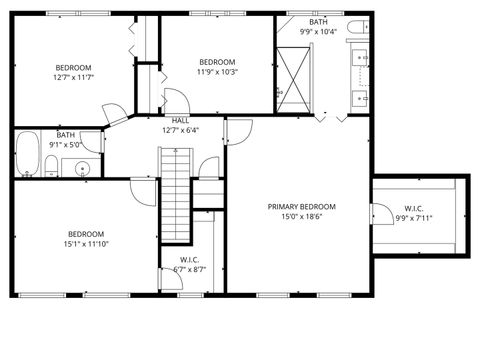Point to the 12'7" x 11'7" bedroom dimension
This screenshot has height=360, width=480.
click(73, 77)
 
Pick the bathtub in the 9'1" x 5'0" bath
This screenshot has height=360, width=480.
click(27, 154)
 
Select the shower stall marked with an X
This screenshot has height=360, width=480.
click(295, 77)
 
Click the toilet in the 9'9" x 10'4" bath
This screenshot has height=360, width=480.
click(358, 27)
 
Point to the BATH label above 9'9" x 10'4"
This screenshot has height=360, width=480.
click(317, 22)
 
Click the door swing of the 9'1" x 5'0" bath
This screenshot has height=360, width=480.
click(93, 142)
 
